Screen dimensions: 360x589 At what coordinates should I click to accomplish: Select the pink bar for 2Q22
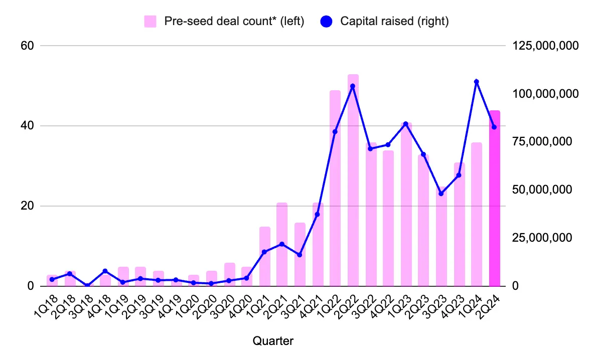(353, 181)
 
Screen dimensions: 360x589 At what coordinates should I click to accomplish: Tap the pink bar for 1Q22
(335, 188)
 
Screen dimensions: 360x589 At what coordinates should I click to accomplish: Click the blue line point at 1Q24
(476, 82)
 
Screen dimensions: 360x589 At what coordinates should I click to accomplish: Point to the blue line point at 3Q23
(441, 194)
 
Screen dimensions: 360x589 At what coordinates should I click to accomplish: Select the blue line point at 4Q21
(317, 215)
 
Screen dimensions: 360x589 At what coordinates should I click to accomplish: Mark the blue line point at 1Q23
(406, 124)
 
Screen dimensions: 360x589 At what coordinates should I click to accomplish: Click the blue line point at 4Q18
(105, 271)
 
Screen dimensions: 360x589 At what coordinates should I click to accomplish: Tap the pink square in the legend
(150, 22)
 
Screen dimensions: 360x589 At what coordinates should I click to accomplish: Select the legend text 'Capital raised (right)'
(394, 22)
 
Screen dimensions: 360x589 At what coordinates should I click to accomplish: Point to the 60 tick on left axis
(27, 46)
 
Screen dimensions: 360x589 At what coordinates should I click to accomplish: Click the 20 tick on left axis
(27, 206)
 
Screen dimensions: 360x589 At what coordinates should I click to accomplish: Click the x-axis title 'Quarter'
(273, 341)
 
